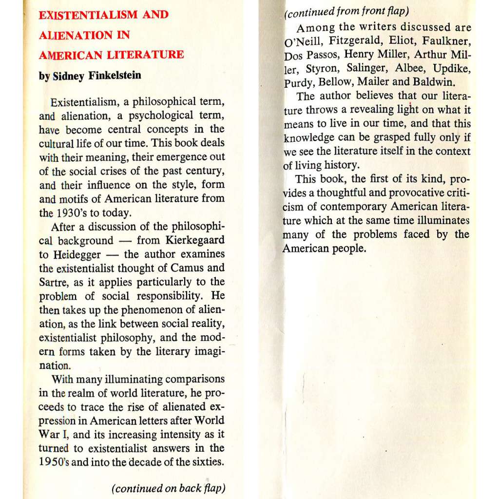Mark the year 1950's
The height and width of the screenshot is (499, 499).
point(55,462)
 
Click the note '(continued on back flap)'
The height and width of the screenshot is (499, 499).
point(169,488)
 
